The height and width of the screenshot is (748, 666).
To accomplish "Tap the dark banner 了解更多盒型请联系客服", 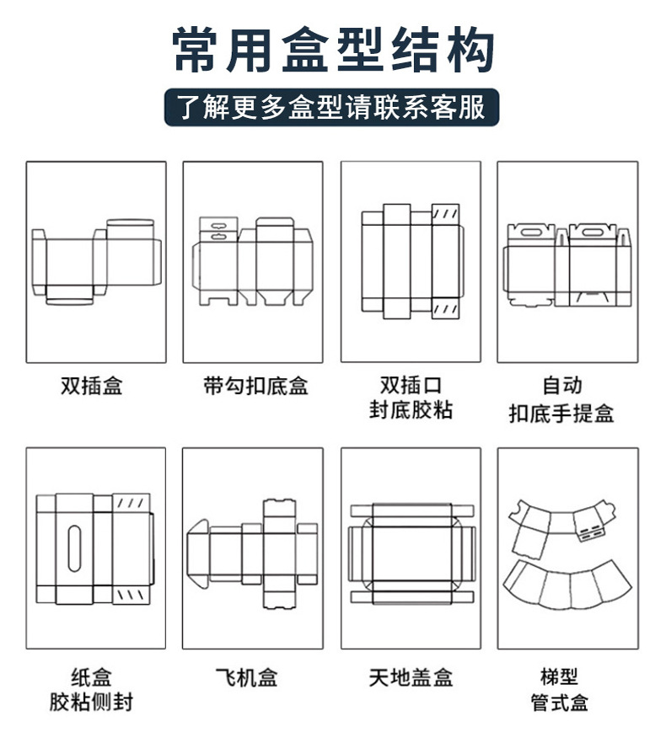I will (332, 107).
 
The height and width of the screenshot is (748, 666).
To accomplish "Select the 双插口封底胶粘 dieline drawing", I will (411, 261).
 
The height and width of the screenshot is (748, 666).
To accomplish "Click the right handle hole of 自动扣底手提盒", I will (590, 229).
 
